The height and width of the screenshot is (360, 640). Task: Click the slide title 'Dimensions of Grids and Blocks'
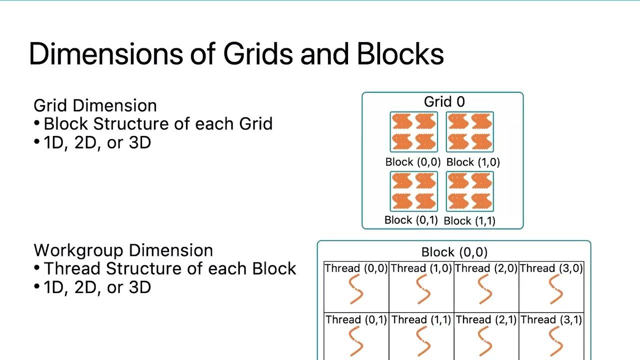pos(236,54)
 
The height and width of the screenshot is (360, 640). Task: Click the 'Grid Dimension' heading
pos(95,105)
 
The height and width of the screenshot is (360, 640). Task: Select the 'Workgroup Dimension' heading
pos(123,250)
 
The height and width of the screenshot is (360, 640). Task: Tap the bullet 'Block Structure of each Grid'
pos(157,124)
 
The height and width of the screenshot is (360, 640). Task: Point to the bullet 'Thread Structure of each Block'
pos(169,268)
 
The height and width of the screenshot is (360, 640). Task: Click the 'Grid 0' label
pos(444,102)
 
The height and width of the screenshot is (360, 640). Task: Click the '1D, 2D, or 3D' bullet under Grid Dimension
pos(97,143)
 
